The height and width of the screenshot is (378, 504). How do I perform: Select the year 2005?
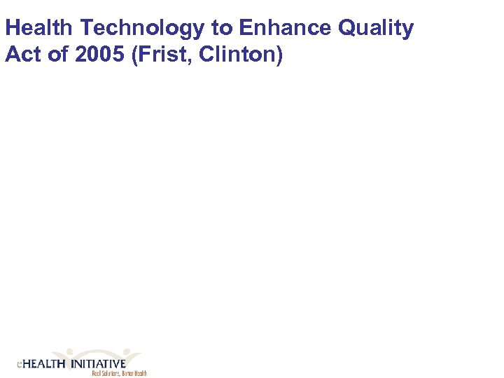coord(92,55)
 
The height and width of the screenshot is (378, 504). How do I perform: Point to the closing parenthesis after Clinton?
coord(279,55)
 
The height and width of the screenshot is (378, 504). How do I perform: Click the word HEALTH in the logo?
coord(43,364)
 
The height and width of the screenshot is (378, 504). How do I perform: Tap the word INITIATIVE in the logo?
coord(99,364)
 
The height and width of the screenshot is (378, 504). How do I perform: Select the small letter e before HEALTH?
coord(19,365)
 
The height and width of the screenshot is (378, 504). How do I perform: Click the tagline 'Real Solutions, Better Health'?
coord(119,374)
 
